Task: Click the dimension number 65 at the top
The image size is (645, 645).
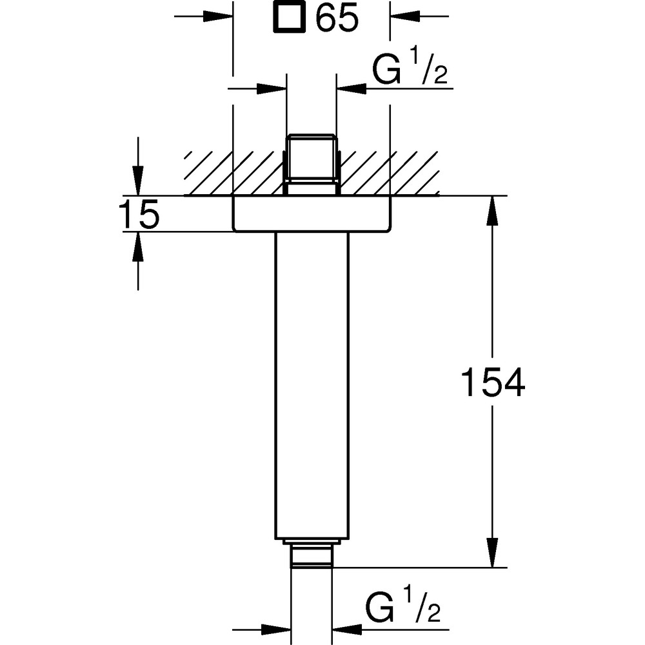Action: (337, 19)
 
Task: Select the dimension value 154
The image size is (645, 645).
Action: (493, 382)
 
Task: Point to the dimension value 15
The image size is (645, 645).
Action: (139, 214)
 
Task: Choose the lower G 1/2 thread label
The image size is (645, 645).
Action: (402, 607)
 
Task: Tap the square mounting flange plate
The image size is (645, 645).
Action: (312, 213)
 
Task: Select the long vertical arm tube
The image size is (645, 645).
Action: (312, 385)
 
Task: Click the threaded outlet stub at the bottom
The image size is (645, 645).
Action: (312, 553)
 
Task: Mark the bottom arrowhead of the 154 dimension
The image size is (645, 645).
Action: (492, 553)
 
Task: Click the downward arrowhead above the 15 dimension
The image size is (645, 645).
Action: (138, 181)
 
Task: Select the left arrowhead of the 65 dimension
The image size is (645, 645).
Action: (218, 17)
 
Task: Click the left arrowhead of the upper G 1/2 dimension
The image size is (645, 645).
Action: (272, 88)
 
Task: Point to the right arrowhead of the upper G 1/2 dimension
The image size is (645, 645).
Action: (352, 88)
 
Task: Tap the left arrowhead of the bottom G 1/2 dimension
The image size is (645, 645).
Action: (277, 630)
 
